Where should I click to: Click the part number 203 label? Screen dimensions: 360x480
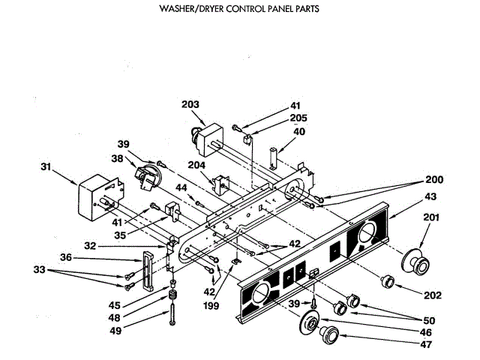190,105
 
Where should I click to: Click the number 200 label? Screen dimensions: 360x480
434,180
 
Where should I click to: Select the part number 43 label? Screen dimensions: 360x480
429,196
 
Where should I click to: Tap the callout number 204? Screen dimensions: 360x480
196,166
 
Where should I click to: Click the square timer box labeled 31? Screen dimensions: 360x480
97,198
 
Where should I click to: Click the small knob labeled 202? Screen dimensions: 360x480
388,280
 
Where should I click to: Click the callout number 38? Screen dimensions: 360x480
117,159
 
